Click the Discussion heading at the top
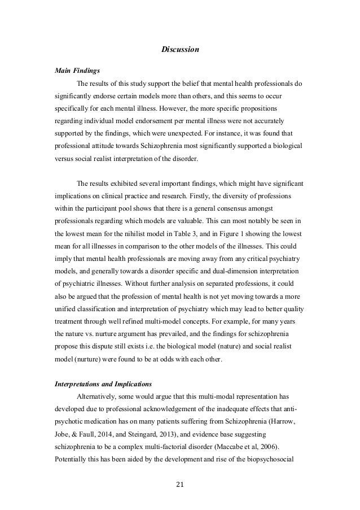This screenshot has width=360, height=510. tap(180, 51)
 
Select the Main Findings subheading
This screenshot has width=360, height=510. tap(77, 71)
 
